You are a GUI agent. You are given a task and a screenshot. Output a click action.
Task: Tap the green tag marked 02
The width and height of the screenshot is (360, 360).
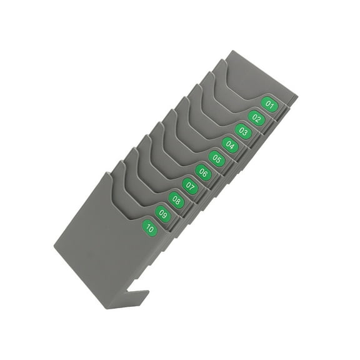click(x=257, y=117)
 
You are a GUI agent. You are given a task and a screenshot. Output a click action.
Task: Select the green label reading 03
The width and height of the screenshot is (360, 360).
click(x=244, y=131)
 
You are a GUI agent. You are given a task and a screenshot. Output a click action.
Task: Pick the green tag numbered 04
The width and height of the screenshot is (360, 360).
click(x=231, y=145)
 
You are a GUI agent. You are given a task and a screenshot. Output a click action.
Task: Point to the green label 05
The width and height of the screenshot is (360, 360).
click(x=217, y=159)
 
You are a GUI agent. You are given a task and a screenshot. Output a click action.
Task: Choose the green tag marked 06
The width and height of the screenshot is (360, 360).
click(x=204, y=172)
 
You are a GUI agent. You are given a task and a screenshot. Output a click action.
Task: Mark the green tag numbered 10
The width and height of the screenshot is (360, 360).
click(x=150, y=228)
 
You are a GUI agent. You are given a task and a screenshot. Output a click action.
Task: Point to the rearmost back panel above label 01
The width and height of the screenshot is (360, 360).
click(x=250, y=75)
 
